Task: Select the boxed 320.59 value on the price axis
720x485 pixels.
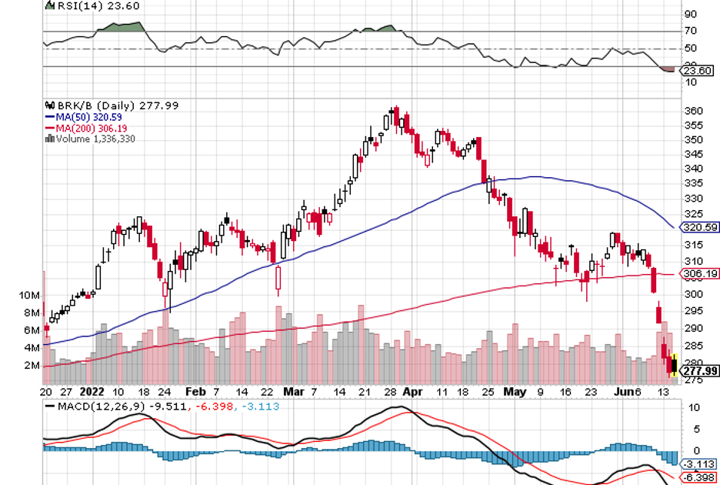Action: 700,227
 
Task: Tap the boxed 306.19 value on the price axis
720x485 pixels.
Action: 700,273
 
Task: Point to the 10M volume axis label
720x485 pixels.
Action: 30,296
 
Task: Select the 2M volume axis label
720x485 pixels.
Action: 32,365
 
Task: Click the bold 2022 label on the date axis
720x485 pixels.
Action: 90,391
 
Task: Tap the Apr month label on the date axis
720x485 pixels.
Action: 412,391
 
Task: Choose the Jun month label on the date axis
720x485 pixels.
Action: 625,391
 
